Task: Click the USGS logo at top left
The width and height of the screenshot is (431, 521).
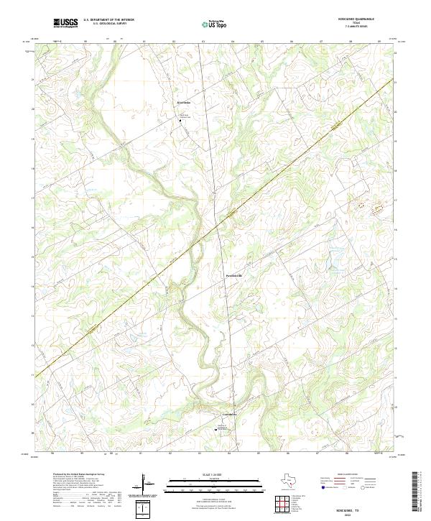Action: point(65,23)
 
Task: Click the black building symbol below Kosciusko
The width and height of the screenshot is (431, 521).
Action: point(180,120)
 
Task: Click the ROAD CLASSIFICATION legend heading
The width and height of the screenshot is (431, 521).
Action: point(351,475)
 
